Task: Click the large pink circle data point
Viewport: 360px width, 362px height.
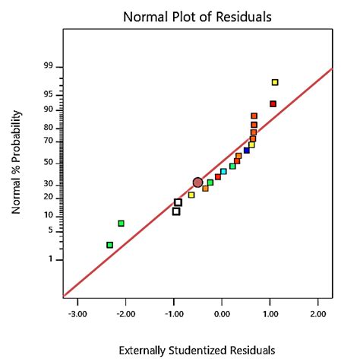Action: click(198, 183)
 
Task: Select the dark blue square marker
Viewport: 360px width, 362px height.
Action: click(247, 151)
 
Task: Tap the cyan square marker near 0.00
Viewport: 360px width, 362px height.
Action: click(223, 172)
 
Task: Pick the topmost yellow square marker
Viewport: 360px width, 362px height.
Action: click(275, 82)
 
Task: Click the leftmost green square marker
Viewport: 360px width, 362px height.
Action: click(110, 245)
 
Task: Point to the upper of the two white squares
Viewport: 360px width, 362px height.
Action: click(178, 202)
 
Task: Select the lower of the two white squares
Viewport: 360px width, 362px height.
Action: click(176, 211)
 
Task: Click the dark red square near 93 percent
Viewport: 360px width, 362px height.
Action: click(273, 104)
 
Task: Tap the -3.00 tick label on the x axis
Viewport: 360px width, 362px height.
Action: click(77, 313)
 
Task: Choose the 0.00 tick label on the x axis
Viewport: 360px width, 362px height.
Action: click(222, 313)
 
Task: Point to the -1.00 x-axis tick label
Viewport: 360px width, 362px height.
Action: click(173, 313)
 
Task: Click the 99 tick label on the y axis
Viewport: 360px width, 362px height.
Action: click(49, 67)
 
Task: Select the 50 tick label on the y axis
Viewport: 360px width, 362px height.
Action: click(49, 163)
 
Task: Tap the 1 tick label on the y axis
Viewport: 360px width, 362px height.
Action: click(52, 260)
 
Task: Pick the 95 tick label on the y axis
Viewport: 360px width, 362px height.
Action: click(49, 95)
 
